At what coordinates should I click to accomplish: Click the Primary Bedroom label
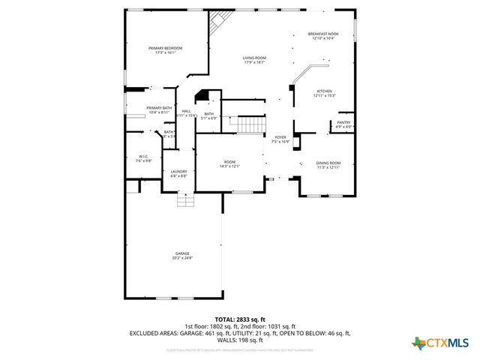165,48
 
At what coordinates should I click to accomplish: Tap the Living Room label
254,58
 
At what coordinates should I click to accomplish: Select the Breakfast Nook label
323,34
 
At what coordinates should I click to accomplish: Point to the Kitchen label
324,91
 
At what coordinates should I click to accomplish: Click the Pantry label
343,122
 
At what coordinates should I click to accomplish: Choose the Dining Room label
328,163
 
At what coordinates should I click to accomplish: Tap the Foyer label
280,137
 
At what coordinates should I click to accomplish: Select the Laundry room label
178,172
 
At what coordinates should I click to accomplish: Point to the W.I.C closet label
143,156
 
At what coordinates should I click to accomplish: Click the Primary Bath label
159,108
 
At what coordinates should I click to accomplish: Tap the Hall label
186,111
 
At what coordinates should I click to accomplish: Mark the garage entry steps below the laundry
185,199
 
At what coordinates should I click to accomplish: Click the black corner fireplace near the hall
202,95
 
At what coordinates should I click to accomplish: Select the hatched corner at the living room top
218,20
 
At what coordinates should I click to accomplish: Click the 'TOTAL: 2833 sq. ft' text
240,319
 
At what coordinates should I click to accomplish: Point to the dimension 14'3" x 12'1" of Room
229,166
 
